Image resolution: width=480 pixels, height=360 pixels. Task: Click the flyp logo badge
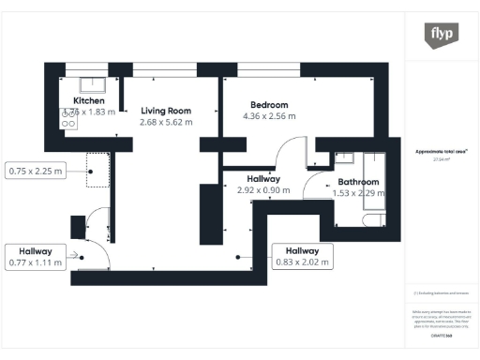(442, 36)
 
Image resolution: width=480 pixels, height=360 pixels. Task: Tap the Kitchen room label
(88, 101)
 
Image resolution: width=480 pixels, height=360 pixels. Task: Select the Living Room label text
(164, 110)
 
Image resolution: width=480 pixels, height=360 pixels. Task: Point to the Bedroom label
(269, 104)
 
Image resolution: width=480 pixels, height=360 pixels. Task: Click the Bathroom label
(358, 182)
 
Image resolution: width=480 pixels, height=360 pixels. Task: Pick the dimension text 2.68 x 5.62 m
(165, 122)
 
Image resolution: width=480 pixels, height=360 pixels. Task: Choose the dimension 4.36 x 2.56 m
(269, 116)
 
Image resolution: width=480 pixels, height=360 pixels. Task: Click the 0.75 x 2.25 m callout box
(36, 172)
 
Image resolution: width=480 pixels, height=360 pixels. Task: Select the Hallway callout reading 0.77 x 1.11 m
(35, 256)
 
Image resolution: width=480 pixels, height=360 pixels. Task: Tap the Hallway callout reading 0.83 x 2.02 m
(302, 256)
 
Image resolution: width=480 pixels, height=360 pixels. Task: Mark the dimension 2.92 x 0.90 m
(263, 190)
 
